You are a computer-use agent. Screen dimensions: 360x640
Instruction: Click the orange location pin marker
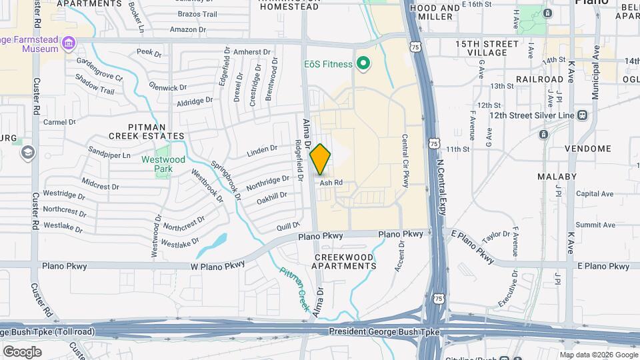[321, 159]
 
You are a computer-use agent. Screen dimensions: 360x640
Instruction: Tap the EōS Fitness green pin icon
[363, 64]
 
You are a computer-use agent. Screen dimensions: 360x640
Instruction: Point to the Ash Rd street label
[331, 182]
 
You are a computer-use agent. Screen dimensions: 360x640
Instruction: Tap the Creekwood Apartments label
[345, 261]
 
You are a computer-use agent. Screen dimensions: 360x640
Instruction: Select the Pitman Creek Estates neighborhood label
[157, 131]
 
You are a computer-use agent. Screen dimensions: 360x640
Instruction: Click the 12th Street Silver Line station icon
[582, 115]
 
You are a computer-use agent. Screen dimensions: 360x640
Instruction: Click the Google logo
[22, 352]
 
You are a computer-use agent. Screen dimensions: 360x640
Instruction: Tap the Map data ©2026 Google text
[599, 355]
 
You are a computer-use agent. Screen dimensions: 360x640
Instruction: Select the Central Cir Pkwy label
[405, 161]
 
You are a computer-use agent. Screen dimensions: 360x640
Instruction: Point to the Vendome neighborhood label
[587, 149]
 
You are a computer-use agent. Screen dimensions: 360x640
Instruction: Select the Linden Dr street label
[261, 150]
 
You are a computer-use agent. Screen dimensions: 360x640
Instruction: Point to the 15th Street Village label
[487, 48]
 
